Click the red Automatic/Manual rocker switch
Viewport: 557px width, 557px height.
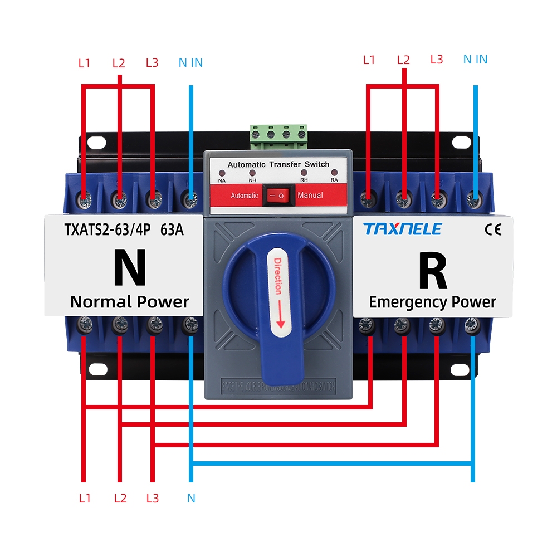tap(277, 196)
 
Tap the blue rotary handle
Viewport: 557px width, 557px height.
tap(278, 290)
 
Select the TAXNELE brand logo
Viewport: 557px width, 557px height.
tap(402, 229)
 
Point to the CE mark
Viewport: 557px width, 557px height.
tap(494, 229)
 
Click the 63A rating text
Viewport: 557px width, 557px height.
tap(172, 229)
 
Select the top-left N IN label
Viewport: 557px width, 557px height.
tap(190, 62)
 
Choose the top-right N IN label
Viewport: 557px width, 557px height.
tap(475, 59)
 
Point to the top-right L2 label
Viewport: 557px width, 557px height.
tap(403, 60)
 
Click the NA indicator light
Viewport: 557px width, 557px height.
tap(222, 173)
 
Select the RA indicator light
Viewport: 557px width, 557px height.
tap(334, 173)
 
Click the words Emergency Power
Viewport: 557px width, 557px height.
tap(432, 302)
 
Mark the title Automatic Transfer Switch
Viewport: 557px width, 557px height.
tap(278, 164)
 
